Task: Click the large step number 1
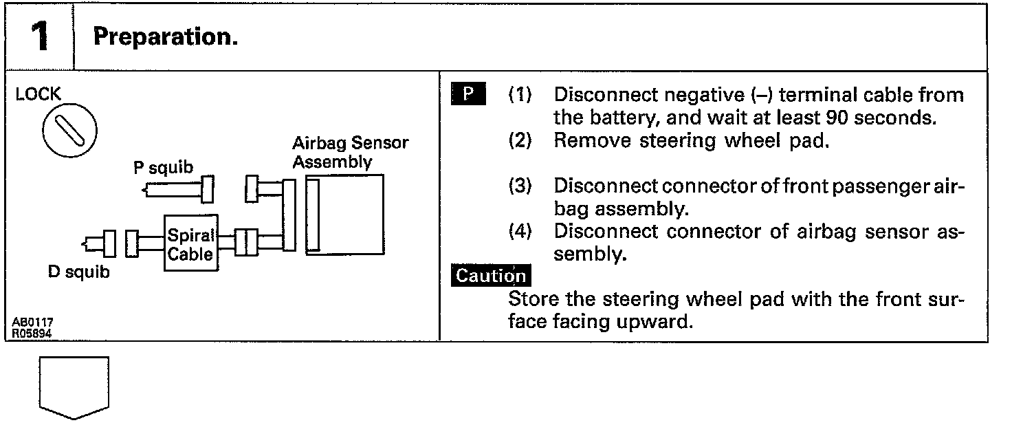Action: pos(41,37)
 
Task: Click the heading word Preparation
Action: pos(166,37)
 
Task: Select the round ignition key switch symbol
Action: pos(69,129)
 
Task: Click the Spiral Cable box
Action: pos(191,243)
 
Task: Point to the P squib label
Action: pos(163,168)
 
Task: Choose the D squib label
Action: pos(78,272)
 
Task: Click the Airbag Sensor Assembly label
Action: pos(350,153)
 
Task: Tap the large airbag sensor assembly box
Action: pos(345,213)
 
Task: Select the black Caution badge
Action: pos(491,276)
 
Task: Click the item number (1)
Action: pos(520,95)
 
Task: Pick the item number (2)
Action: pos(520,141)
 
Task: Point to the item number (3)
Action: pos(520,186)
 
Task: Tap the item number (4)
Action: pos(520,232)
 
